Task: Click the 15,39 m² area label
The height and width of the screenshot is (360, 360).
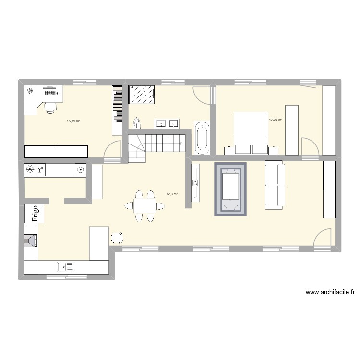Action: click(73, 121)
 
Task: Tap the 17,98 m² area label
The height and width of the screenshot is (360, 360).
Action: click(276, 120)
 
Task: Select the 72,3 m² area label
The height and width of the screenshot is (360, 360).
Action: click(172, 194)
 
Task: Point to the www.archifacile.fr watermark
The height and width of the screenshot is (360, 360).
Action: click(330, 292)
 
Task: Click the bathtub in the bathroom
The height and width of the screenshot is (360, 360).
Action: click(202, 138)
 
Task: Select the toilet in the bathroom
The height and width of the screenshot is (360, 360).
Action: click(137, 123)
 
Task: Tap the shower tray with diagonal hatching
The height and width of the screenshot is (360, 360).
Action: click(142, 95)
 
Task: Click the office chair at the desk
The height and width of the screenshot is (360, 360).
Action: click(49, 107)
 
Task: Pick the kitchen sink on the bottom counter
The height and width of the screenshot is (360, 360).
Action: click(64, 266)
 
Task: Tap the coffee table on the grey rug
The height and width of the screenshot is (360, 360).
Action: click(230, 187)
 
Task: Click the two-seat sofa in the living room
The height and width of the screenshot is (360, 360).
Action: click(275, 186)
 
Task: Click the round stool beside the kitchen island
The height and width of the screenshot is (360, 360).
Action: click(117, 238)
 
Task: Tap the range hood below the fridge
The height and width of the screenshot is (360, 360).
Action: click(31, 240)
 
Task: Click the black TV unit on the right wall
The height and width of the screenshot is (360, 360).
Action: click(329, 190)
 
